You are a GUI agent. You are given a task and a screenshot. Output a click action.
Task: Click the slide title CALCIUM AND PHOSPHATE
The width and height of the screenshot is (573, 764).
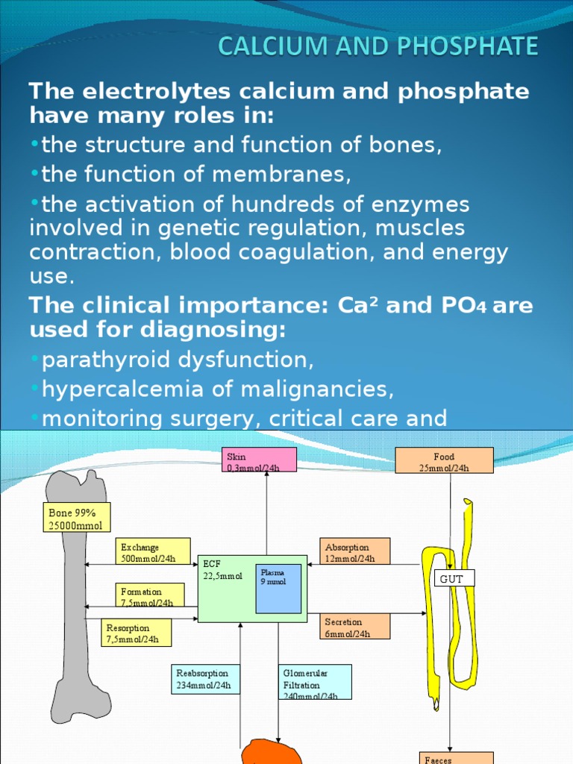click(378, 47)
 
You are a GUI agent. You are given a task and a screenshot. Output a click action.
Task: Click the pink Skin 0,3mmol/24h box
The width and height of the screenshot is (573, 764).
click(260, 460)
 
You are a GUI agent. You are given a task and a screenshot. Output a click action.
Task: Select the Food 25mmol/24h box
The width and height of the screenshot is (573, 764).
click(444, 461)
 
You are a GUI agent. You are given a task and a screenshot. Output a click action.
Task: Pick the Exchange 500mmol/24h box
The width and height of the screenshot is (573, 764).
click(153, 553)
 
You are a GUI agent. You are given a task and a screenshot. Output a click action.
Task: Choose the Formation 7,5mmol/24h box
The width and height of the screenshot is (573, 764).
click(149, 596)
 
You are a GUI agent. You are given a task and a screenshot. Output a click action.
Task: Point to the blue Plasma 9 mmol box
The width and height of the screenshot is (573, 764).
click(278, 588)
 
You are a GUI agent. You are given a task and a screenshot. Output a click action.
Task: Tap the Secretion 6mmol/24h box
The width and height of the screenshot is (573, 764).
click(356, 627)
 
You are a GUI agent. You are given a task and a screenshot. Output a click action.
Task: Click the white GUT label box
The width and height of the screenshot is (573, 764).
click(454, 578)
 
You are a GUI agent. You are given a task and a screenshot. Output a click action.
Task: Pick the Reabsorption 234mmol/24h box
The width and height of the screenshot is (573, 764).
click(205, 678)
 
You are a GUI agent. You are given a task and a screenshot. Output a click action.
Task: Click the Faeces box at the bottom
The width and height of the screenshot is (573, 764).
click(456, 757)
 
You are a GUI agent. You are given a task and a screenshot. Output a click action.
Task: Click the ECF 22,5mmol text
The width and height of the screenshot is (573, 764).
click(222, 570)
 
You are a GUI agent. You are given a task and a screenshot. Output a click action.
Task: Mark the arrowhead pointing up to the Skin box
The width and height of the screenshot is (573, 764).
click(266, 475)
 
